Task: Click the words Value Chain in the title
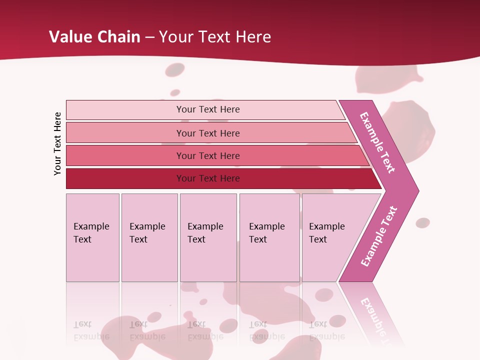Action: pos(94,37)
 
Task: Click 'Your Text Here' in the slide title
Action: pos(215,37)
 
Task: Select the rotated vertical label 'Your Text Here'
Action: pos(58,143)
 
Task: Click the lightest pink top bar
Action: pos(207,109)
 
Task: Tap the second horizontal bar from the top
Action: pos(207,133)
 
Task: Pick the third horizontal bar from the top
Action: pos(207,155)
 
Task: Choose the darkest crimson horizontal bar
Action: pos(207,178)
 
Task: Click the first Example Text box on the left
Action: pos(92,237)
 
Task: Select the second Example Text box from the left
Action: pos(149,237)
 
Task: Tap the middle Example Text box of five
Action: pos(208,237)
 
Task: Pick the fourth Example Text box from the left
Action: pos(269,237)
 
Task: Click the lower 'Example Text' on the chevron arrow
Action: pos(379,236)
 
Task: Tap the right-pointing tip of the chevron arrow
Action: pos(415,190)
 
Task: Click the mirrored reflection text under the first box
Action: pos(91,330)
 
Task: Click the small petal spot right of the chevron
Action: pos(422,222)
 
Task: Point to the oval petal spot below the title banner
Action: pos(174,70)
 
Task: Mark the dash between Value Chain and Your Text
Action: pos(149,37)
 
